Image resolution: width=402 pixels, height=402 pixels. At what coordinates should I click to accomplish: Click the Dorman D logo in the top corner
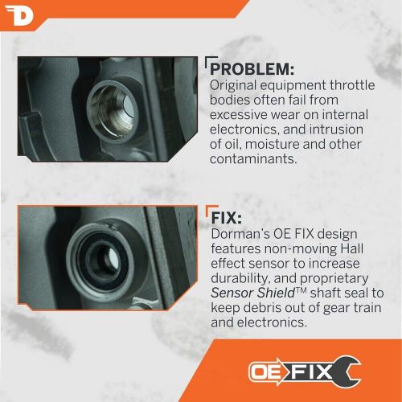click(x=19, y=16)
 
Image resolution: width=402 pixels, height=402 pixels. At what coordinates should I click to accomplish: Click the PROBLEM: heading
click(x=252, y=69)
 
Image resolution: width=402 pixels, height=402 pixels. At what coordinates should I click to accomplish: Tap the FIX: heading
click(x=227, y=218)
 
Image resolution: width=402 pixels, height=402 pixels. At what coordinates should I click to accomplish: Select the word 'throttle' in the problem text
click(x=352, y=85)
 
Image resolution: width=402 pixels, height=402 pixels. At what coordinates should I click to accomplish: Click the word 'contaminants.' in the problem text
click(x=253, y=159)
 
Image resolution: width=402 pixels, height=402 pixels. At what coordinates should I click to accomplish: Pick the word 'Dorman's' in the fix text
click(x=240, y=234)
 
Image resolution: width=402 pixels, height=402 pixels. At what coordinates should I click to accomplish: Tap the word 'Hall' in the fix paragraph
click(x=352, y=248)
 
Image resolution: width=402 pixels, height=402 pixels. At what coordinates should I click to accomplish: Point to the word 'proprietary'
click(x=334, y=279)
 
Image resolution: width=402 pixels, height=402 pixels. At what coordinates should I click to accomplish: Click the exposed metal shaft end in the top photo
click(x=129, y=107)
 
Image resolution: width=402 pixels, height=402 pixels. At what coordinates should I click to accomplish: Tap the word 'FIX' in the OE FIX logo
click(x=311, y=371)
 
